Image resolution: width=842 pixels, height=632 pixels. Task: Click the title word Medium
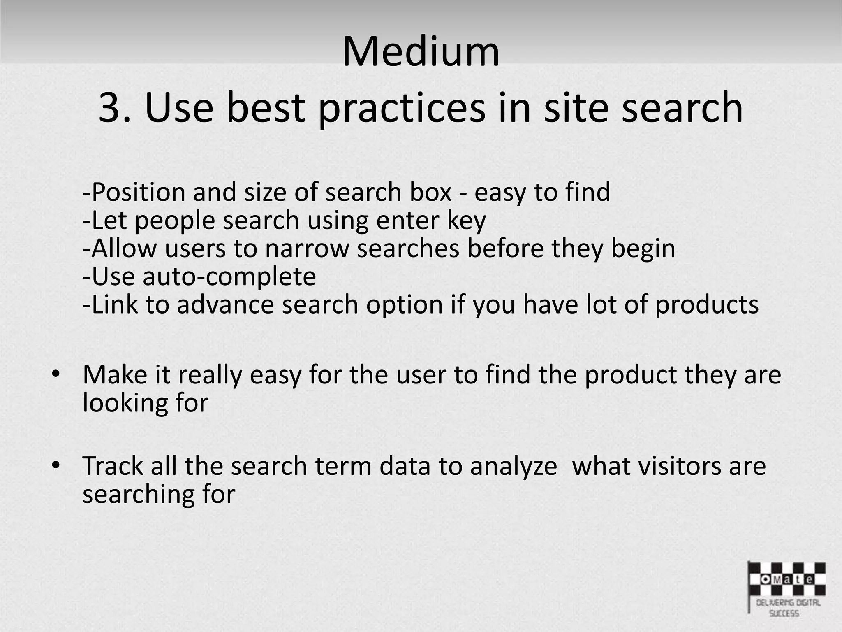coord(421,52)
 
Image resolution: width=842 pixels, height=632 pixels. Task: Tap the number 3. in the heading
coord(115,108)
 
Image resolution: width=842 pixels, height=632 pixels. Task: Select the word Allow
coord(124,249)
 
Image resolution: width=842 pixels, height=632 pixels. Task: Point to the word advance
coord(225,305)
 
